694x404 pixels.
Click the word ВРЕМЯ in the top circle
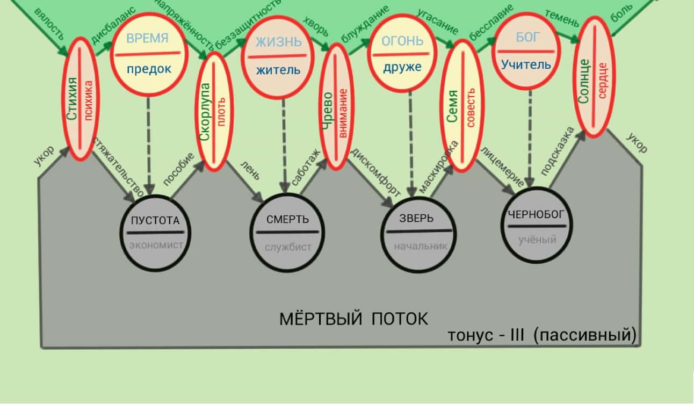click(148, 38)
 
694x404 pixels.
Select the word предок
click(149, 69)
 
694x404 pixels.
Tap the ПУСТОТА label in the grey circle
click(155, 221)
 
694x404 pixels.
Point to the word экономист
click(156, 245)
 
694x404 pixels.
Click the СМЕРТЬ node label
click(287, 219)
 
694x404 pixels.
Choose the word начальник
click(421, 246)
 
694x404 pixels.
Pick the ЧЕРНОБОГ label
click(536, 214)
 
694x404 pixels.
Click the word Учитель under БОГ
click(526, 65)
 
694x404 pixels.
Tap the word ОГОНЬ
click(402, 41)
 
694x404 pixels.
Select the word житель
click(278, 70)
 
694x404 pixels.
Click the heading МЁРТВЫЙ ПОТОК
click(353, 319)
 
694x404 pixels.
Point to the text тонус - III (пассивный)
click(542, 335)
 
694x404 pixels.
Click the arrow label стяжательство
click(118, 167)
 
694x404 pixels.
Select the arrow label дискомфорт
click(375, 172)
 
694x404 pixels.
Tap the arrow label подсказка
click(558, 151)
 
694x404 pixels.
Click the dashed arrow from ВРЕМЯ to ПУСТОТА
click(149, 145)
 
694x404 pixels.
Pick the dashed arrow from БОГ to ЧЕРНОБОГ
click(530, 139)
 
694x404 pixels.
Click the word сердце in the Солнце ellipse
click(602, 81)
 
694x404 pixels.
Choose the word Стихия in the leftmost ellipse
click(72, 99)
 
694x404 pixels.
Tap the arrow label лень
click(250, 171)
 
